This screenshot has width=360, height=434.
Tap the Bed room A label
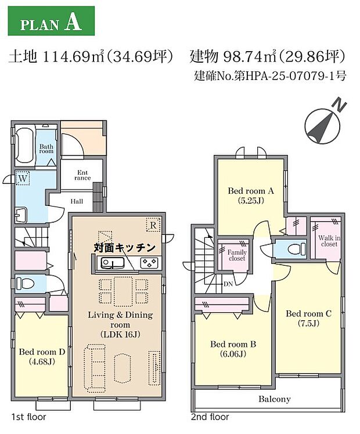(x=250, y=196)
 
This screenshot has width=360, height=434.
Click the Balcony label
(x=274, y=399)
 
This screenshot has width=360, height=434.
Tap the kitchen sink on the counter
(x=112, y=263)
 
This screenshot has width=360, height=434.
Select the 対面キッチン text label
(x=125, y=247)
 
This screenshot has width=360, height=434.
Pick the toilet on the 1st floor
(x=25, y=284)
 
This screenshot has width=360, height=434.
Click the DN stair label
(x=229, y=284)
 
